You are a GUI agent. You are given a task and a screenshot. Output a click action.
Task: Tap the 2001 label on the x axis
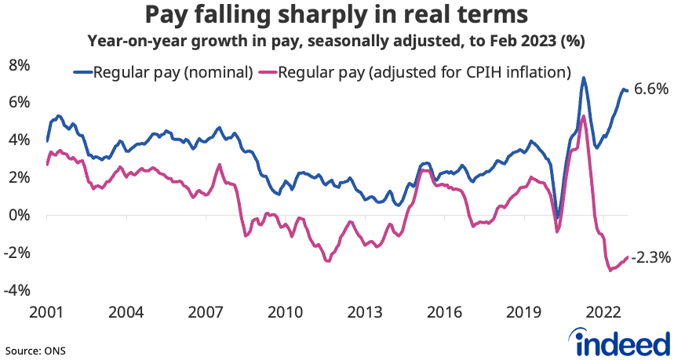pyautogui.click(x=46, y=312)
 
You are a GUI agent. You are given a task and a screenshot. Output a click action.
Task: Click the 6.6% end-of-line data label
pyautogui.click(x=650, y=89)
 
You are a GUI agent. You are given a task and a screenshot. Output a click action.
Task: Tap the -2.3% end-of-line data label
pyautogui.click(x=651, y=256)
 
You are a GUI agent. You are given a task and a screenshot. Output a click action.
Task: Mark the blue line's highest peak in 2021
pyautogui.click(x=584, y=78)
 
